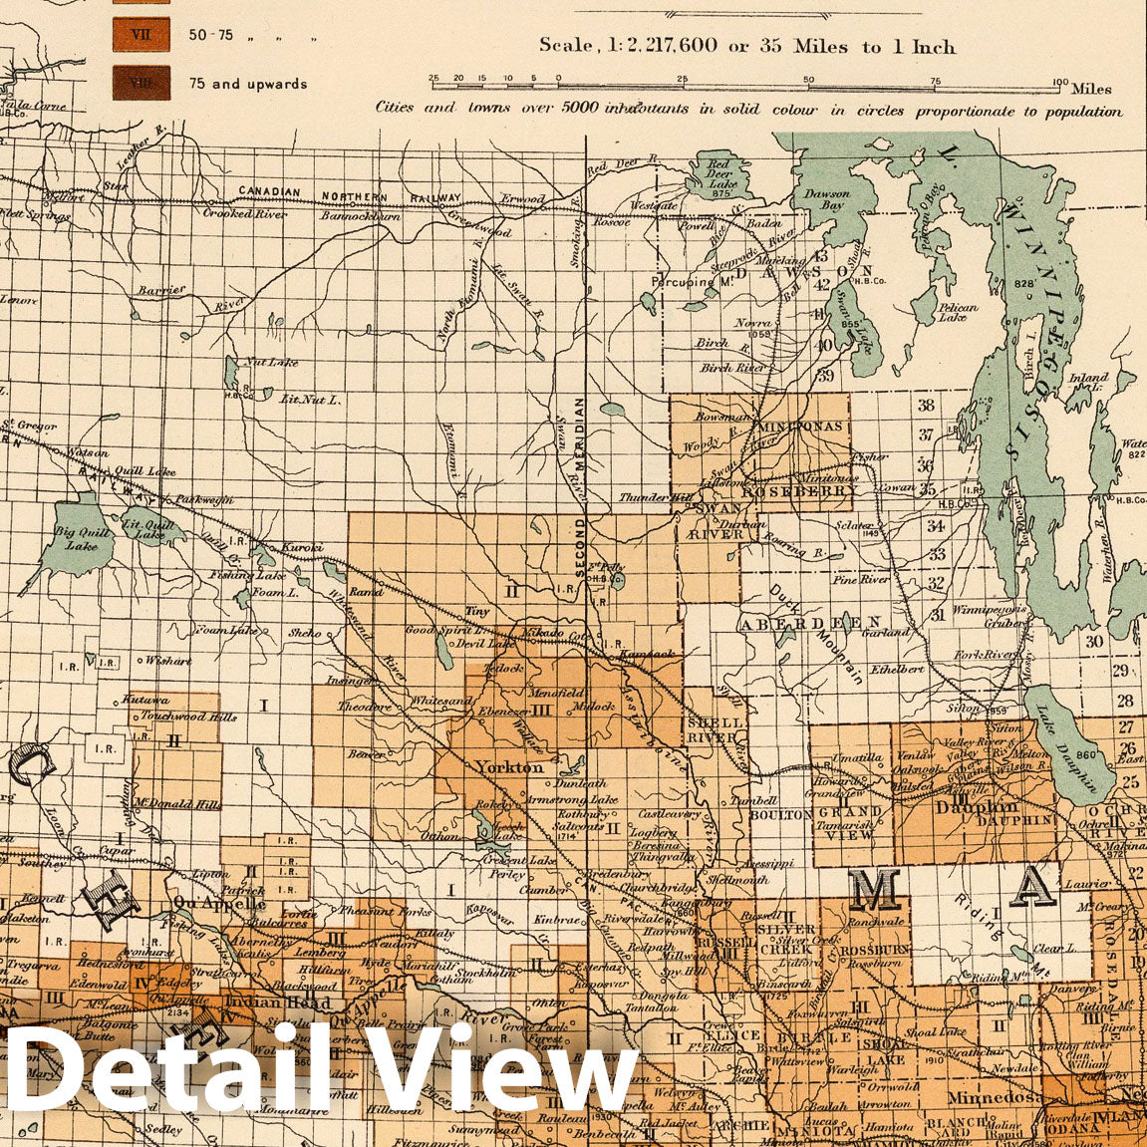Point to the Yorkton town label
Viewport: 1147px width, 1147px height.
click(x=509, y=767)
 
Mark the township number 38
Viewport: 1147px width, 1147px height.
click(x=926, y=405)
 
